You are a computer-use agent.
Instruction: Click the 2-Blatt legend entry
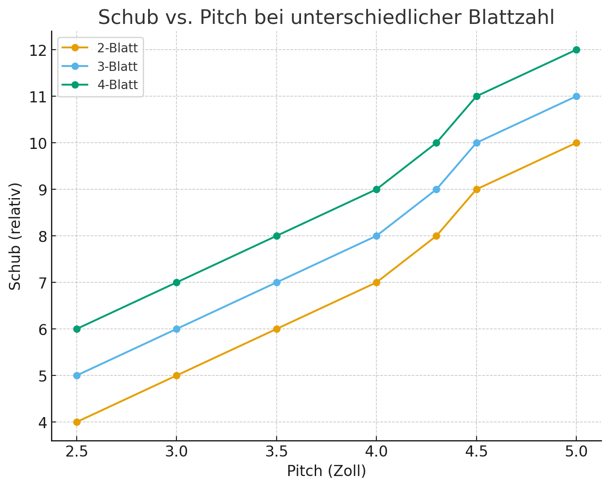[x=117, y=48]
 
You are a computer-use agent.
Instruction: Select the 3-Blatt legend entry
[x=117, y=66]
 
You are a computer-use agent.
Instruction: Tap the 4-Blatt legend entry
[x=117, y=85]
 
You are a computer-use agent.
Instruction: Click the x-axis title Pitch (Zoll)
[x=326, y=471]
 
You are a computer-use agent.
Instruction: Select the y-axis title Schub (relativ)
[x=16, y=236]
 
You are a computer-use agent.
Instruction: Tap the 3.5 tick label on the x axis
[x=277, y=452]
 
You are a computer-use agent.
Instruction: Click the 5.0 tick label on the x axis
[x=576, y=452]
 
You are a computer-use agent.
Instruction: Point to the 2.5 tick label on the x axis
[x=77, y=452]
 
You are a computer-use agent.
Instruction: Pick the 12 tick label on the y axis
[x=39, y=50]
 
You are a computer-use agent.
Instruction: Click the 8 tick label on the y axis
[x=42, y=236]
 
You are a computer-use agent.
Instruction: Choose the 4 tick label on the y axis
[x=42, y=422]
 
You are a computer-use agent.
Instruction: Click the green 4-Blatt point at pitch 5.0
[x=576, y=50]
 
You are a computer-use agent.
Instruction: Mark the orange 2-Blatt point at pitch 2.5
[x=77, y=422]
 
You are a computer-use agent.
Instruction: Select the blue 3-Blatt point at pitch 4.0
[x=376, y=236]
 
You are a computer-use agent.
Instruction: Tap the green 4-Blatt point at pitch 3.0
[x=176, y=282]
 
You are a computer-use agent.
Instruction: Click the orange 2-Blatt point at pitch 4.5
[x=477, y=189]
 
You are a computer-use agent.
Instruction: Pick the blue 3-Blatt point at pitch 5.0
[x=576, y=96]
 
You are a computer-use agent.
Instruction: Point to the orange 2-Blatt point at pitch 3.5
[x=277, y=329]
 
